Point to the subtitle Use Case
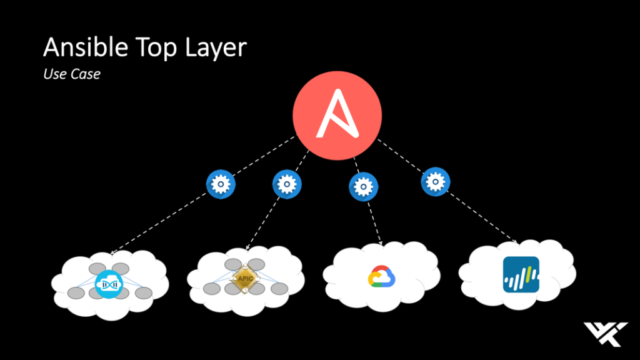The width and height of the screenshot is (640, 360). (72, 74)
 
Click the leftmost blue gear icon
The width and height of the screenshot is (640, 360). (221, 184)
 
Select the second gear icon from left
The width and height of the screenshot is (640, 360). (287, 184)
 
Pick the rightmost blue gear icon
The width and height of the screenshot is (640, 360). (435, 182)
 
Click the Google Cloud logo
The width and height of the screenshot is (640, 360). (382, 276)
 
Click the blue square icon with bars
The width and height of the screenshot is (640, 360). (521, 274)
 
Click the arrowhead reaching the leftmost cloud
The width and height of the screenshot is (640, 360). (113, 252)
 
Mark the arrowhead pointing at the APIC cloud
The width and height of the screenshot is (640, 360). (247, 249)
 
